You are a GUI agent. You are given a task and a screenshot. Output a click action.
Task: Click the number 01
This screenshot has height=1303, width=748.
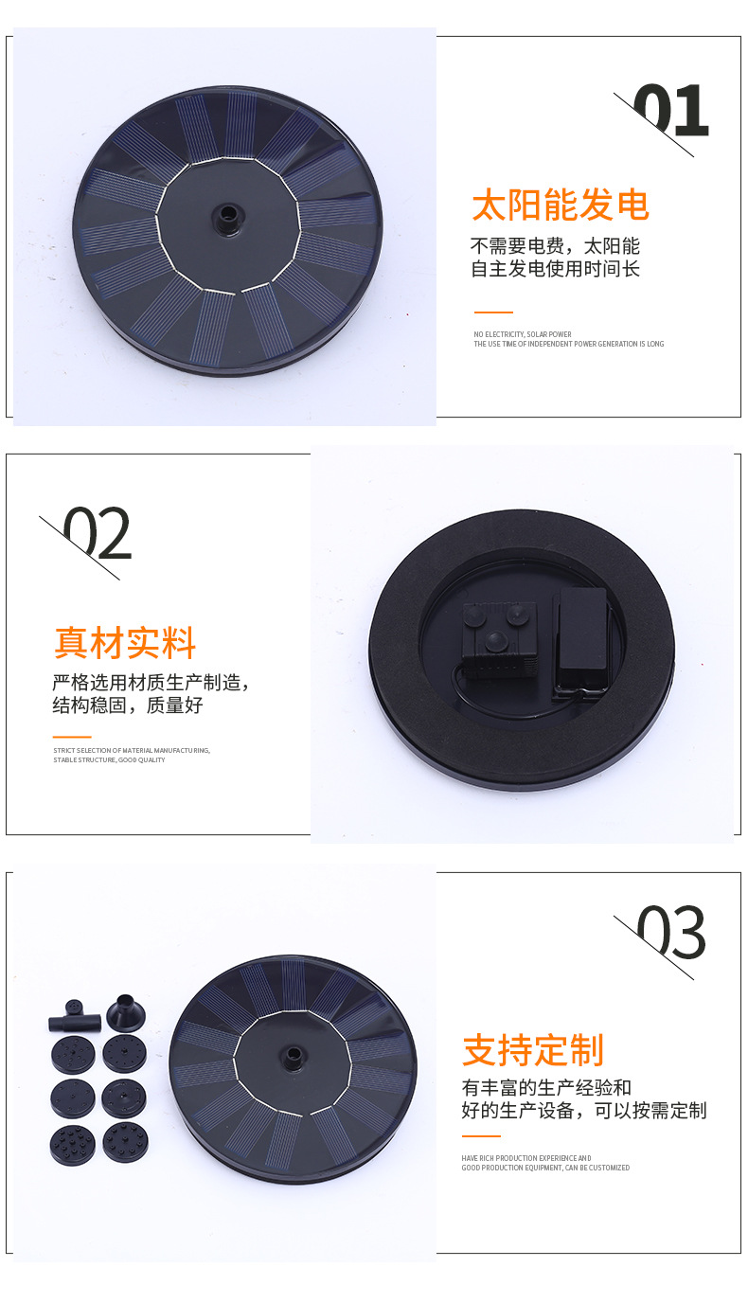(670, 111)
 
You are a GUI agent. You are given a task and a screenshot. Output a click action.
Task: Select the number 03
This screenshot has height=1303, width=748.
(671, 933)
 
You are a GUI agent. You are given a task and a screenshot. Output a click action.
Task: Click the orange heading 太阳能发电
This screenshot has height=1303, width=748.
(561, 205)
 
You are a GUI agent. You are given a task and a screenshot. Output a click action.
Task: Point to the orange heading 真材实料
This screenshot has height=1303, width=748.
(125, 642)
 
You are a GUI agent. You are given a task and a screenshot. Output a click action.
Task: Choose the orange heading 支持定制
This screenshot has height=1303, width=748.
(533, 1050)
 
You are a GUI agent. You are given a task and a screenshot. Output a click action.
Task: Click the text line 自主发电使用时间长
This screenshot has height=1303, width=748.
(556, 269)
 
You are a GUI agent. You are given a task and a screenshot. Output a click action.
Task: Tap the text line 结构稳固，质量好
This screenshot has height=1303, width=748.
(128, 705)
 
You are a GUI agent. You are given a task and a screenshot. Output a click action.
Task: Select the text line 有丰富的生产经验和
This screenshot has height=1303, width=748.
(546, 1087)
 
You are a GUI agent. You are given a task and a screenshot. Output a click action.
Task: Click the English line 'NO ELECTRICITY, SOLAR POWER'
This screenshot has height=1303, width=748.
(523, 334)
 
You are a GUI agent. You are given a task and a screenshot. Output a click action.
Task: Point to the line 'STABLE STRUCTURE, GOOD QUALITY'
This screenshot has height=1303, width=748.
(109, 759)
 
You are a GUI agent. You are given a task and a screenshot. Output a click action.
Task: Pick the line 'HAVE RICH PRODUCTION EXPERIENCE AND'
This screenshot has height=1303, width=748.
(526, 1158)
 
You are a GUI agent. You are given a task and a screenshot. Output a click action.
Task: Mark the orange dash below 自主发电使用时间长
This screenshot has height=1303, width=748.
(493, 312)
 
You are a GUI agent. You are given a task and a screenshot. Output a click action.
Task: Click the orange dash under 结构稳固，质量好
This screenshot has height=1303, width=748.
(72, 737)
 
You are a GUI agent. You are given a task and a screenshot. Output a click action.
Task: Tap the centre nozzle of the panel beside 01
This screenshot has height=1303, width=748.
(227, 218)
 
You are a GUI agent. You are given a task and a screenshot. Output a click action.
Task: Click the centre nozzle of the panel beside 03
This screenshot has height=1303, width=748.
(292, 1057)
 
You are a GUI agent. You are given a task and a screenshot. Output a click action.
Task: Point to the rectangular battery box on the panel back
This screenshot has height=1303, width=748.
(579, 638)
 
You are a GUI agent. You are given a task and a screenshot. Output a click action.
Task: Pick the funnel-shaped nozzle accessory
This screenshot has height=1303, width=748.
(125, 1012)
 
